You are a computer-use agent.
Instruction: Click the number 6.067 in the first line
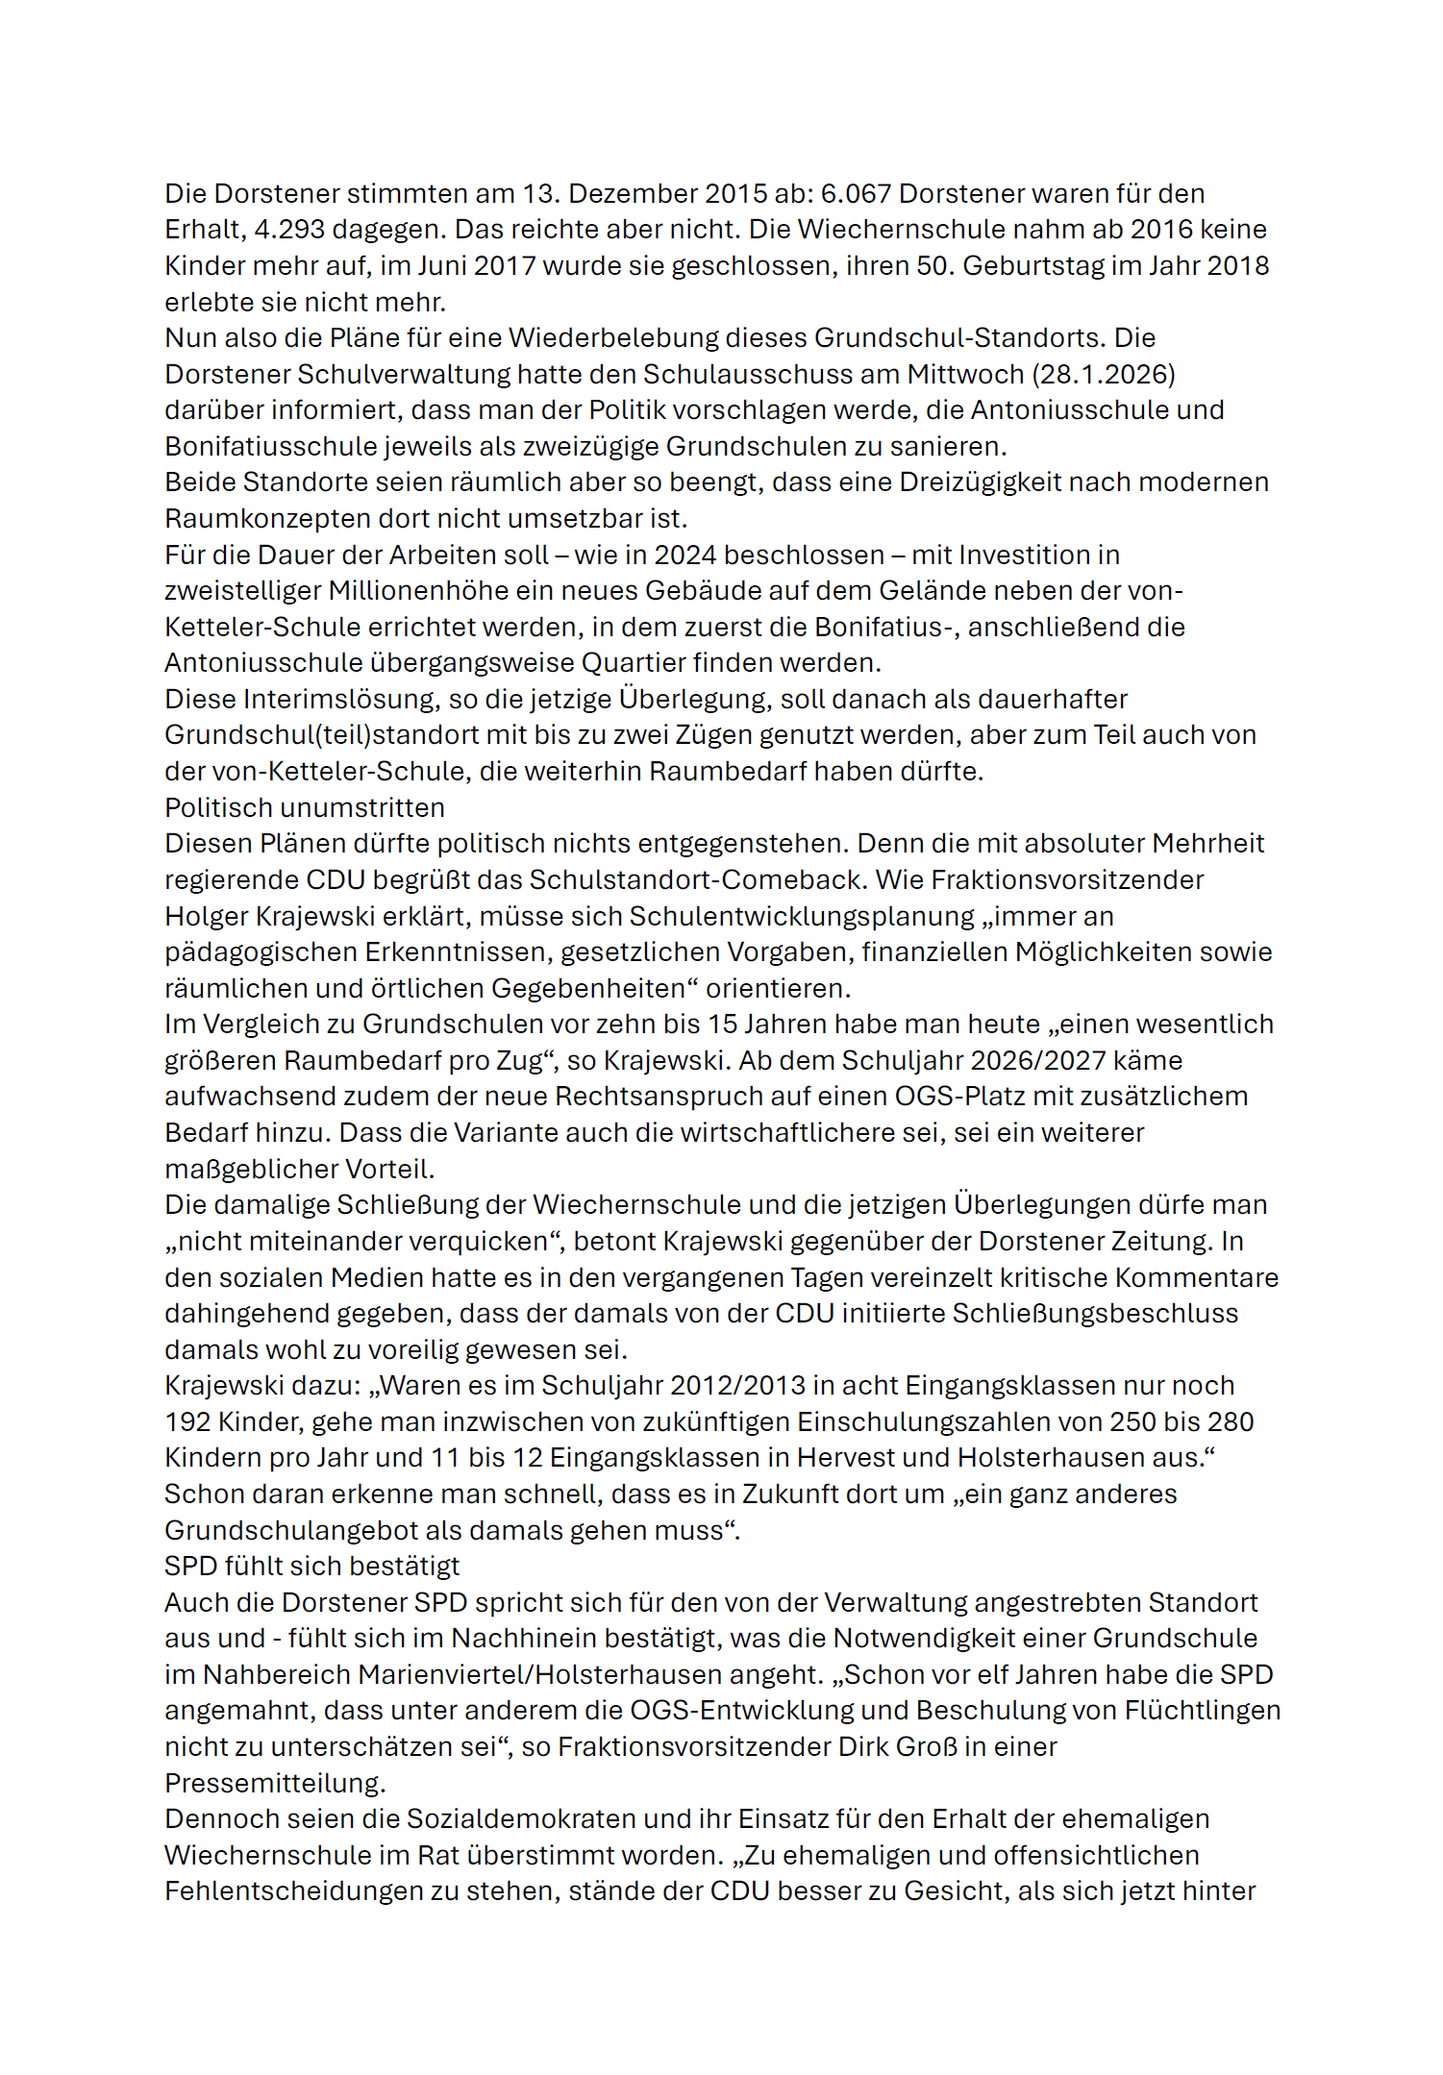(856, 193)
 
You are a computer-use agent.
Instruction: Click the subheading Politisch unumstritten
(305, 807)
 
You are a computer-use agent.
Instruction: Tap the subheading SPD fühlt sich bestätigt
(311, 1566)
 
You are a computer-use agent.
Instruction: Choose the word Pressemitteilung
(275, 1783)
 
